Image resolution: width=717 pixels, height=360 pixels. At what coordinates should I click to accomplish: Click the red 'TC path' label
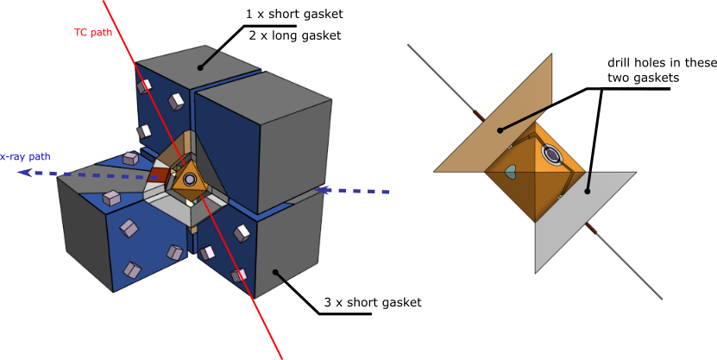coord(93,33)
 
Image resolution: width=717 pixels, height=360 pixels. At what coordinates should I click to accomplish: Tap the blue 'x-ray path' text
coord(25,157)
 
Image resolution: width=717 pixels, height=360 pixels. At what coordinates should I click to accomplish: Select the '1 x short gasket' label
coord(294,14)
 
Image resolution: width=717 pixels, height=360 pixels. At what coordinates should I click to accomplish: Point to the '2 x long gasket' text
coord(295,35)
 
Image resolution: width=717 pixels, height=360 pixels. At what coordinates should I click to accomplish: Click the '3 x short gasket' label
coord(373,302)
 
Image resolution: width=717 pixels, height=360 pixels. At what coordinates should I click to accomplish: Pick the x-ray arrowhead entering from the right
coord(324,190)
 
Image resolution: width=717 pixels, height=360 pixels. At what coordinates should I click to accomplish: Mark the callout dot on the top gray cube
coord(200,67)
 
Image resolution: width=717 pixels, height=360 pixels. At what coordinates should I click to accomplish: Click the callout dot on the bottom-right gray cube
coord(275,272)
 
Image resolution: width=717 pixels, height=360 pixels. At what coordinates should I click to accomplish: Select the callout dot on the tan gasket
coord(500,130)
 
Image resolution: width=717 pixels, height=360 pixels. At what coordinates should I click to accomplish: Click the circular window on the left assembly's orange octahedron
coord(188,180)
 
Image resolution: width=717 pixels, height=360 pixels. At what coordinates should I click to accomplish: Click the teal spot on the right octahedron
coord(510,171)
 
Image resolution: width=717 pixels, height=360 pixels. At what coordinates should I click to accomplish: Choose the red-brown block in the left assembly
coord(160,175)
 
